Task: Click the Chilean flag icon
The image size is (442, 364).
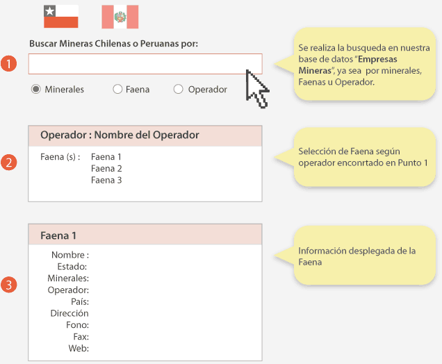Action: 61,16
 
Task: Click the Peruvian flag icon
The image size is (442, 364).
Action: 120,16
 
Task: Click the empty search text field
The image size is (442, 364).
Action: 145,64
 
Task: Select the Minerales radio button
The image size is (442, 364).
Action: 36,90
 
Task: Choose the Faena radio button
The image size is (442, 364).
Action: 117,90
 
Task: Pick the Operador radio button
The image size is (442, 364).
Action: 179,90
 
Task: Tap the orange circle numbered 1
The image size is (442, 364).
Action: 8,64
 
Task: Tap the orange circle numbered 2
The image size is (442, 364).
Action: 8,163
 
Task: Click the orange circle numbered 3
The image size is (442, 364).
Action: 8,285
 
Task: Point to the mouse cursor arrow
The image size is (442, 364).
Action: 256,89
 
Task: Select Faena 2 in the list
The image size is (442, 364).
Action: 106,169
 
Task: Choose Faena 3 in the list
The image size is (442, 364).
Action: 106,181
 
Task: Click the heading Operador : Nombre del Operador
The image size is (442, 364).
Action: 120,135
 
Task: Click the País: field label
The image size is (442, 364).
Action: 79,302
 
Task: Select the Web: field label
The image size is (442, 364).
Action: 78,349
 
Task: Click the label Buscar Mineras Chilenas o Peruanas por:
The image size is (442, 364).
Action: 113,44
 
